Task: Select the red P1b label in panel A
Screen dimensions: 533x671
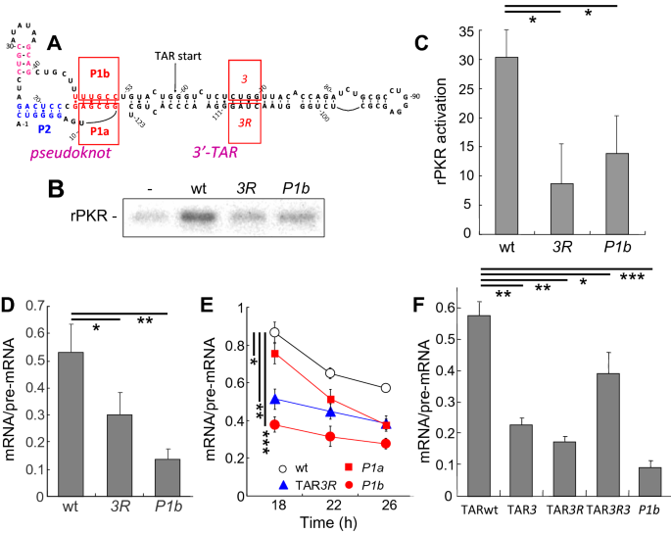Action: point(98,73)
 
